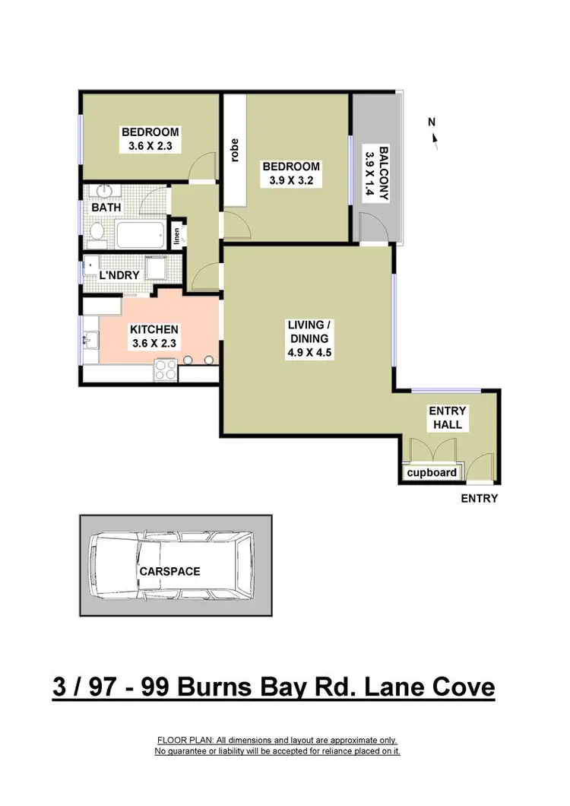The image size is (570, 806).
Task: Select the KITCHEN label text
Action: [154, 329]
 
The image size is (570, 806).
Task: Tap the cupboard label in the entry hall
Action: [432, 473]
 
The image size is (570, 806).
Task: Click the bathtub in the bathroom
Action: [140, 233]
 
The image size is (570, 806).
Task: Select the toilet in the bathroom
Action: [97, 230]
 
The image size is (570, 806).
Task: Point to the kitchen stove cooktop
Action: [166, 370]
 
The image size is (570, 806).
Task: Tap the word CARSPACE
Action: [169, 571]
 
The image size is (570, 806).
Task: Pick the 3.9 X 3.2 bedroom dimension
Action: [291, 181]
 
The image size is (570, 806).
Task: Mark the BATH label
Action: [106, 207]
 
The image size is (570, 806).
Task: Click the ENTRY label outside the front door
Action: [480, 499]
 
